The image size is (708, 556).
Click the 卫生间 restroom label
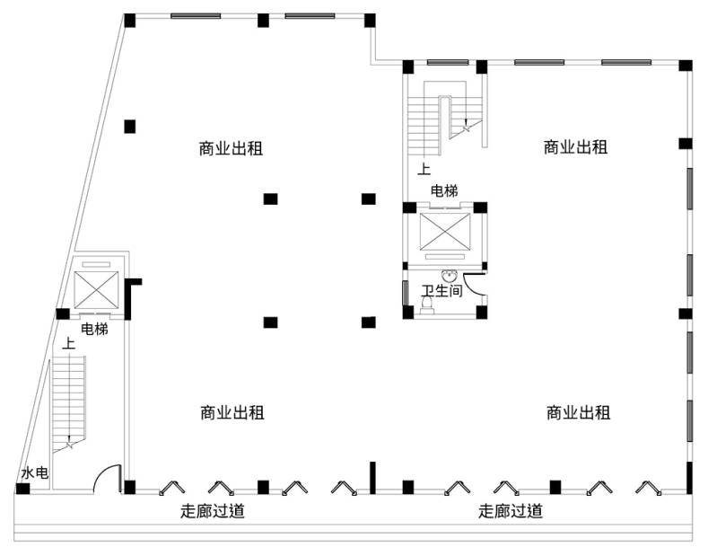442,291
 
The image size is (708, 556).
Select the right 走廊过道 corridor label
510,512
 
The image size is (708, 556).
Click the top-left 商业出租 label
231,148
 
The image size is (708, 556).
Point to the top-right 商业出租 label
576,147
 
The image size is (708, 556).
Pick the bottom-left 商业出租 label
232,413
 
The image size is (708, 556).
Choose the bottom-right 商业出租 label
578,413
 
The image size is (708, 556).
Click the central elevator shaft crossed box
444,232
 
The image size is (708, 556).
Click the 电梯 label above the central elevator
444,191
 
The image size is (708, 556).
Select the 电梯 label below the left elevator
94,330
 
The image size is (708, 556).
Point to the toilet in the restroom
426,306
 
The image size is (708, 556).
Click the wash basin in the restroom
448,276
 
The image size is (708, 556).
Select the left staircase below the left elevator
68,400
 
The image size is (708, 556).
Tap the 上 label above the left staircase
68,343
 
